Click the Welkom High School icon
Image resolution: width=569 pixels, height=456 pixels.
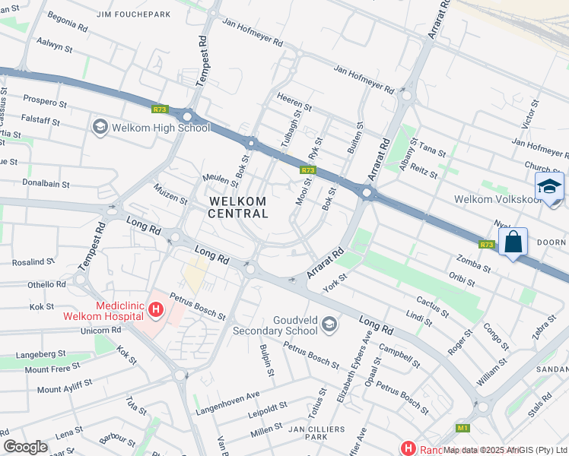[100, 127]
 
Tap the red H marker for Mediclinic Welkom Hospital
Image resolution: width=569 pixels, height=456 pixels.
[156, 309]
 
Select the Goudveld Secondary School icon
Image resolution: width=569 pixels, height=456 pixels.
[329, 325]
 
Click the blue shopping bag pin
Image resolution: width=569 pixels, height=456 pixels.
[513, 242]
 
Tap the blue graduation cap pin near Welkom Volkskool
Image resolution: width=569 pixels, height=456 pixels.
[549, 187]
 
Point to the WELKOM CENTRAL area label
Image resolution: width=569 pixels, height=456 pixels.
[238, 207]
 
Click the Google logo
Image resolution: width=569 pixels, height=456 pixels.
[26, 447]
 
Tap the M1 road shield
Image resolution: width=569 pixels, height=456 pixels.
[463, 428]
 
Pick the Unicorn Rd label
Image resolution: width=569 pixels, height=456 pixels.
[95, 331]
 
